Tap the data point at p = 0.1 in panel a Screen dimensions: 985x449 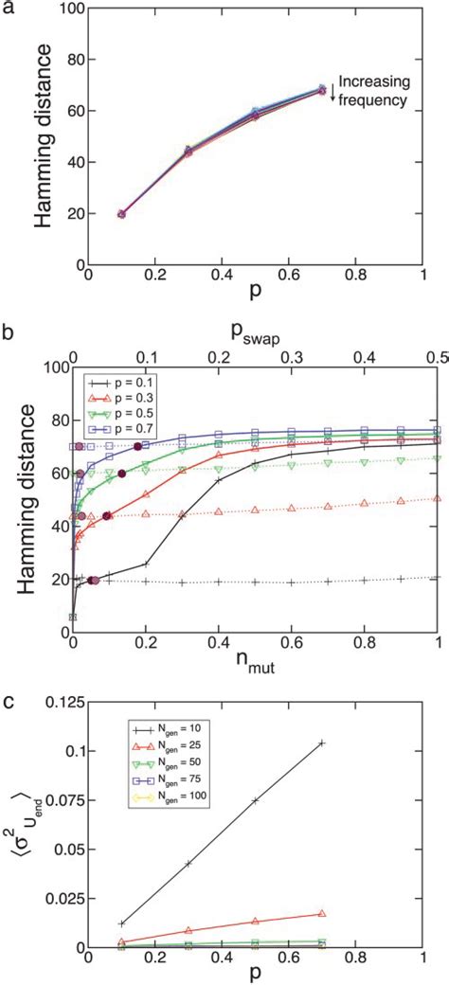121,214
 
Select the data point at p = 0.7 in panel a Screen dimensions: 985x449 321,91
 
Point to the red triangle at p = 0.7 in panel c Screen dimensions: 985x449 322,913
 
